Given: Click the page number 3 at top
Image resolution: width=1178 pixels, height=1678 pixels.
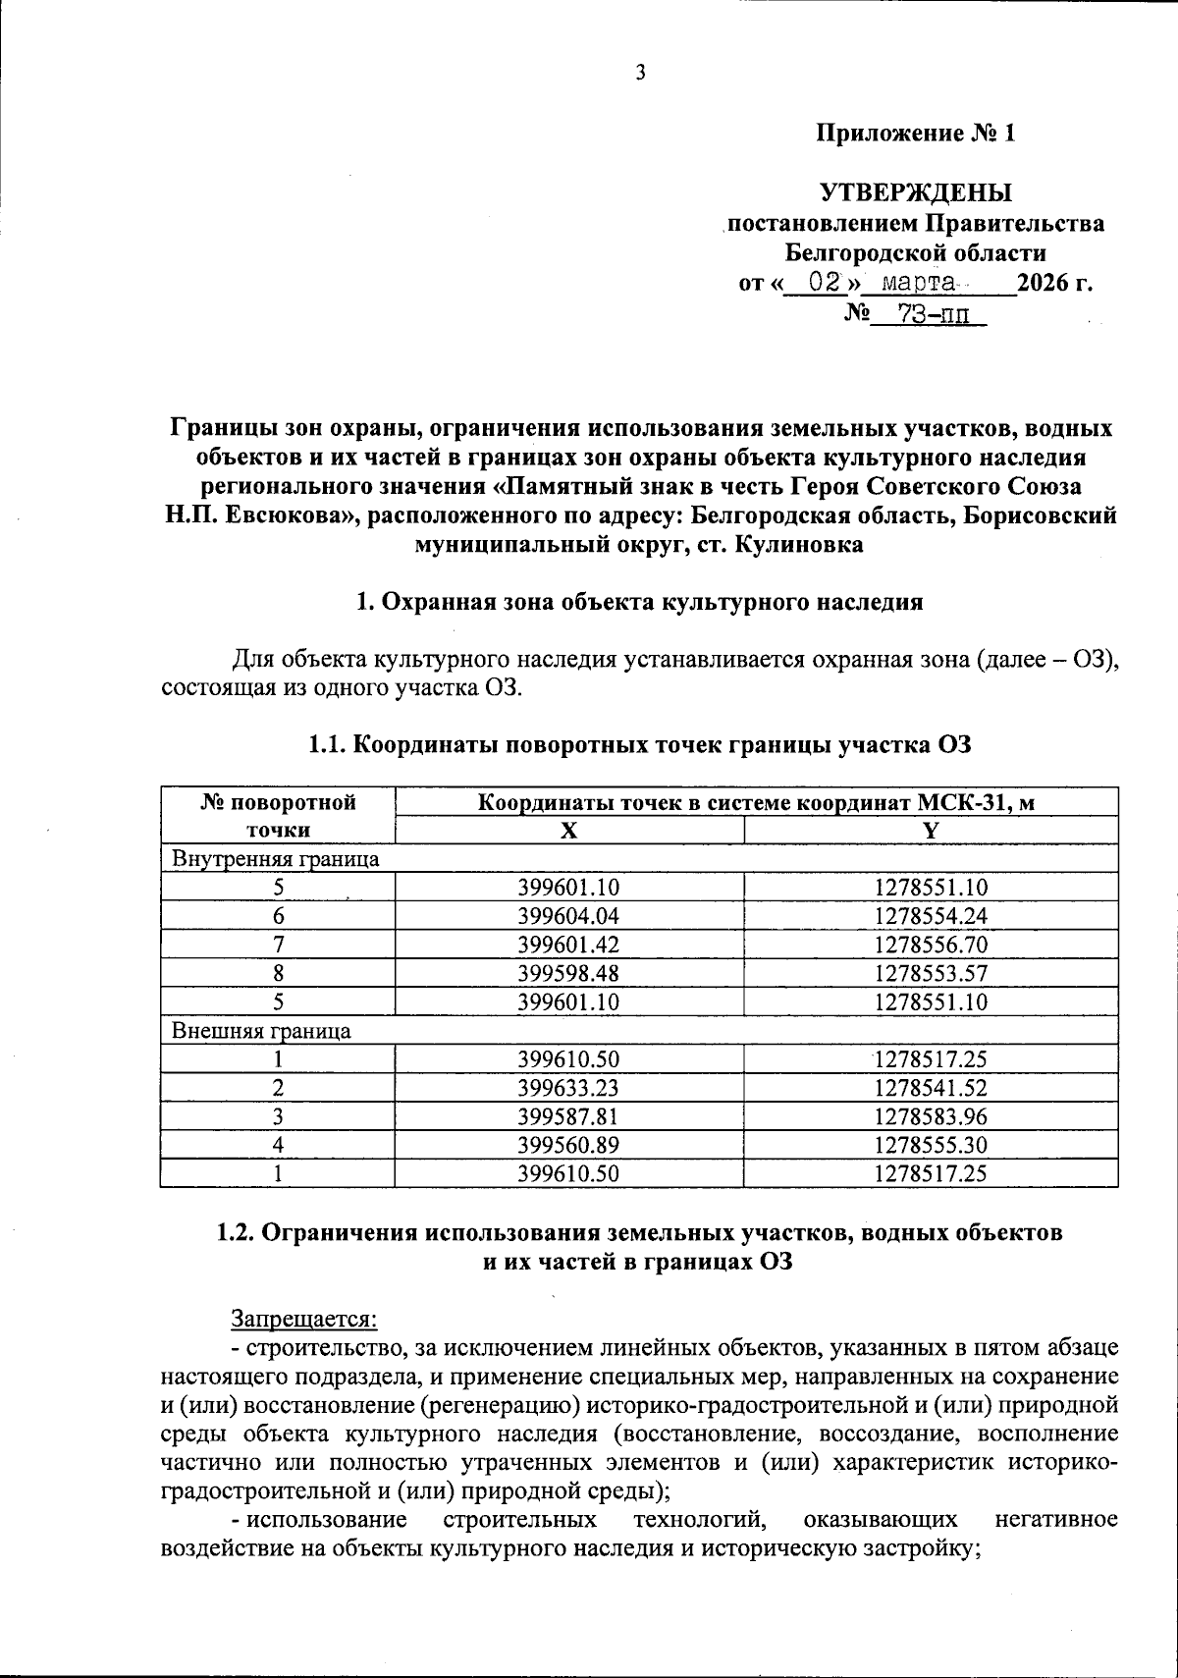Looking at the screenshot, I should (640, 72).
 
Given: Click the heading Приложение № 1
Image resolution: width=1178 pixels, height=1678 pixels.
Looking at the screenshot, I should (916, 133).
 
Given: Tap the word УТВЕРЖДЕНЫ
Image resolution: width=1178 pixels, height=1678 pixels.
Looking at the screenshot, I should (916, 191).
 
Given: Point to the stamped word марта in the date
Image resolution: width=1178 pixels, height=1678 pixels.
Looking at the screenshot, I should (918, 284).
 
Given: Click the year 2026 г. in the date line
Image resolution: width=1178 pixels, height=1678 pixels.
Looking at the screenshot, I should (1054, 284).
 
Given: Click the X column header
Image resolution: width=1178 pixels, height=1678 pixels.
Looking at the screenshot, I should (568, 831).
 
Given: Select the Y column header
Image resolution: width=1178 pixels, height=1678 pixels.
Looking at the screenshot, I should (931, 831).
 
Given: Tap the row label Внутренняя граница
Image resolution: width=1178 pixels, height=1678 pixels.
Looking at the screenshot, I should (276, 859).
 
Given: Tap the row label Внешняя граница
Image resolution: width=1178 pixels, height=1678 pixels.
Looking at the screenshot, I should (261, 1031).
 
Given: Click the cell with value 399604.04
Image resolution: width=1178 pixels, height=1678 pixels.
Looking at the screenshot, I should (568, 916).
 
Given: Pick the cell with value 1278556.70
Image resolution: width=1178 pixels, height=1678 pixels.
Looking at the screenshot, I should (931, 945).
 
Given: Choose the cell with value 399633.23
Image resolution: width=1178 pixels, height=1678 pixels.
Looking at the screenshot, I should (568, 1088).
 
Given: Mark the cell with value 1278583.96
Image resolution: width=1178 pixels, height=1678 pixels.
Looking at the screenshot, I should (931, 1116).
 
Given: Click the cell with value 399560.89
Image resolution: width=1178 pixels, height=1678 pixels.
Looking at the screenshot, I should (568, 1145).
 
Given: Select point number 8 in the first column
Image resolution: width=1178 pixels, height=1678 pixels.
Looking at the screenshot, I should (279, 973).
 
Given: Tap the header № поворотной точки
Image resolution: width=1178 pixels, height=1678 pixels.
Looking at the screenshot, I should (278, 816).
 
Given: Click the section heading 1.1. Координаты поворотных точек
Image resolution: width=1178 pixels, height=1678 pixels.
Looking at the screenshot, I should (639, 745).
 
